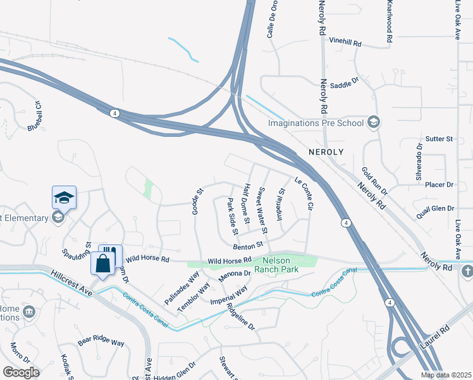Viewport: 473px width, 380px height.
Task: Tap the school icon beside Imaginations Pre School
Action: [374, 122]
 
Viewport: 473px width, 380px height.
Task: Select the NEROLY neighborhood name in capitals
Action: [326, 153]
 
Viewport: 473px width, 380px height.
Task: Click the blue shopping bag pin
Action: [102, 262]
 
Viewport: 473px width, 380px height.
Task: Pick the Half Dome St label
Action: [247, 197]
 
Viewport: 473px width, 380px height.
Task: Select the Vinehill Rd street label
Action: [345, 44]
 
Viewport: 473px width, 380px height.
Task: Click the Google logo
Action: [21, 372]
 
